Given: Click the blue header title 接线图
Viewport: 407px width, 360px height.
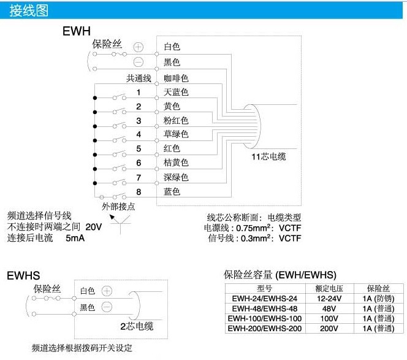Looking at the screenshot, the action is pyautogui.click(x=29, y=10).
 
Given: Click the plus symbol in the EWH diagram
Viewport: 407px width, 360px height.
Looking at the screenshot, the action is pyautogui.click(x=138, y=47).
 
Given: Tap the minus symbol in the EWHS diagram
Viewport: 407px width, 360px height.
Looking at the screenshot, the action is pyautogui.click(x=107, y=307).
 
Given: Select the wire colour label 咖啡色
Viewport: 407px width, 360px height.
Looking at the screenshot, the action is pyautogui.click(x=176, y=78).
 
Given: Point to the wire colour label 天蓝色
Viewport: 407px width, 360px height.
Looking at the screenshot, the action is pyautogui.click(x=176, y=92).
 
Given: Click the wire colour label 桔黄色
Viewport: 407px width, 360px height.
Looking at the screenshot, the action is pyautogui.click(x=176, y=163).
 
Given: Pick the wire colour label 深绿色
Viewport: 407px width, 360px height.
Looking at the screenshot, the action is pyautogui.click(x=176, y=177).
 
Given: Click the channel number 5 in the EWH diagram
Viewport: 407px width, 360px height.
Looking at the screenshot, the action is pyautogui.click(x=139, y=148).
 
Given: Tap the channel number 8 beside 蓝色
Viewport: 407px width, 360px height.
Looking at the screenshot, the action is pyautogui.click(x=139, y=192).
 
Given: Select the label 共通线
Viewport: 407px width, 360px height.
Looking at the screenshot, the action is pyautogui.click(x=139, y=78).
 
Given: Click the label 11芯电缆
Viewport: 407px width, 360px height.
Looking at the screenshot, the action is pyautogui.click(x=268, y=156).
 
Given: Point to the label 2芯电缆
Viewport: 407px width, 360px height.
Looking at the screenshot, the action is pyautogui.click(x=137, y=326).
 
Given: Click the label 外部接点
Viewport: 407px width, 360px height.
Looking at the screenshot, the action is pyautogui.click(x=118, y=207).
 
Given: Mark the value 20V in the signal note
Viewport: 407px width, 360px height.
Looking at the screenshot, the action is pyautogui.click(x=94, y=227).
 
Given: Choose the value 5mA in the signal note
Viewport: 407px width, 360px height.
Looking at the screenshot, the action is pyautogui.click(x=75, y=238).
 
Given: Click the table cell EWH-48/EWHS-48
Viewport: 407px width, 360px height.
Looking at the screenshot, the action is pyautogui.click(x=265, y=308).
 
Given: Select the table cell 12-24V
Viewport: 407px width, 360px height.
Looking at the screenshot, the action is pyautogui.click(x=329, y=299).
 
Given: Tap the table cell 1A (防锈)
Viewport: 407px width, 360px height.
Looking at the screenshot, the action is pyautogui.click(x=378, y=299).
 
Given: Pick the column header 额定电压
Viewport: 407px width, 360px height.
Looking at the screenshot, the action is pyautogui.click(x=329, y=288).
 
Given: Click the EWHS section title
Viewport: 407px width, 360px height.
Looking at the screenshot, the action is pyautogui.click(x=23, y=275).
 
